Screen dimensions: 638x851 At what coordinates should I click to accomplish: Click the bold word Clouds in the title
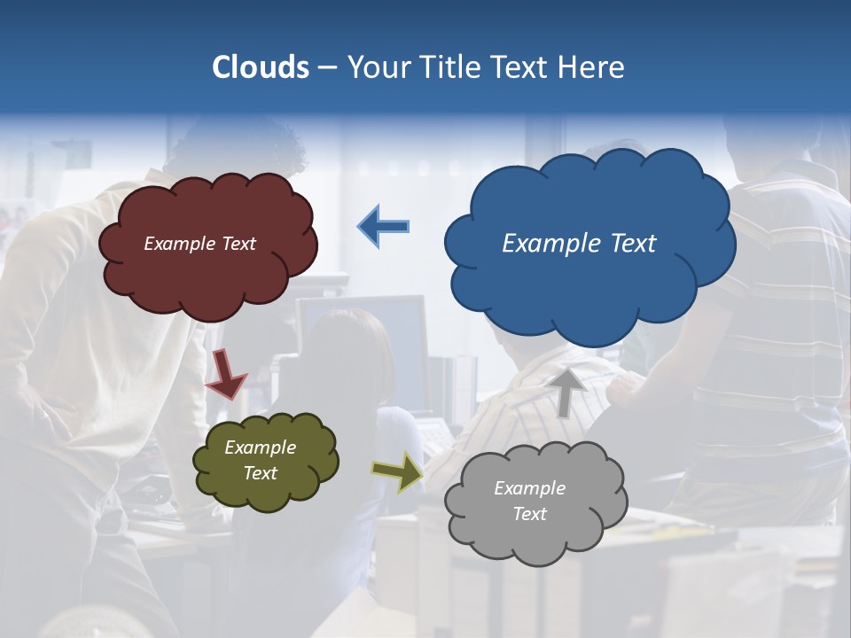point(261,66)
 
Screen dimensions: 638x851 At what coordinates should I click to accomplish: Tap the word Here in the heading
point(591,66)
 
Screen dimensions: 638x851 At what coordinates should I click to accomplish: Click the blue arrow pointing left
point(384,226)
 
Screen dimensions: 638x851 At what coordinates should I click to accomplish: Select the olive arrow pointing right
point(397,472)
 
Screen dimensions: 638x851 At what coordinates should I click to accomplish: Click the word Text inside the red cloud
point(238,244)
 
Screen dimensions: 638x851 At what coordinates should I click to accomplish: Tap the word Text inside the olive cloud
point(261,473)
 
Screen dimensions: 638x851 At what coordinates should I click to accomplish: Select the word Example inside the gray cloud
point(529,488)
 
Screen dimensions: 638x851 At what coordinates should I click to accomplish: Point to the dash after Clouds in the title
point(327,68)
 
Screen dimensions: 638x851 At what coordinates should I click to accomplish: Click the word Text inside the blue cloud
point(633,244)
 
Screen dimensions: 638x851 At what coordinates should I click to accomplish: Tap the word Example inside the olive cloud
point(260,447)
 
